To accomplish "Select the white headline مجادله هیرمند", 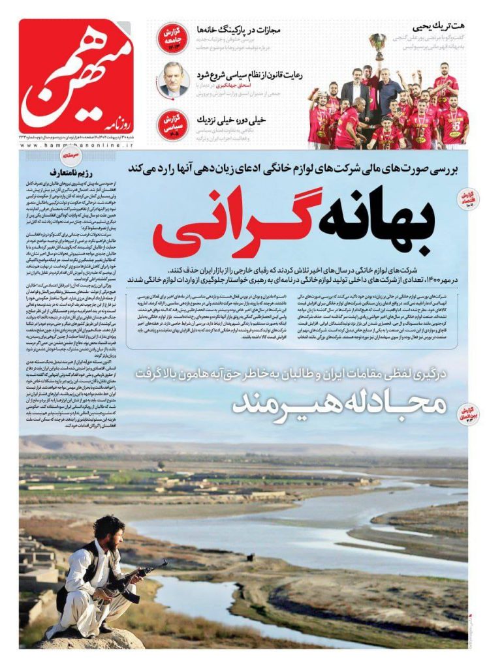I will click(x=339, y=404).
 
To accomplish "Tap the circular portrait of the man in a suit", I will click(x=173, y=81).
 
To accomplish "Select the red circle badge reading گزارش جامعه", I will click(x=173, y=38).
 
